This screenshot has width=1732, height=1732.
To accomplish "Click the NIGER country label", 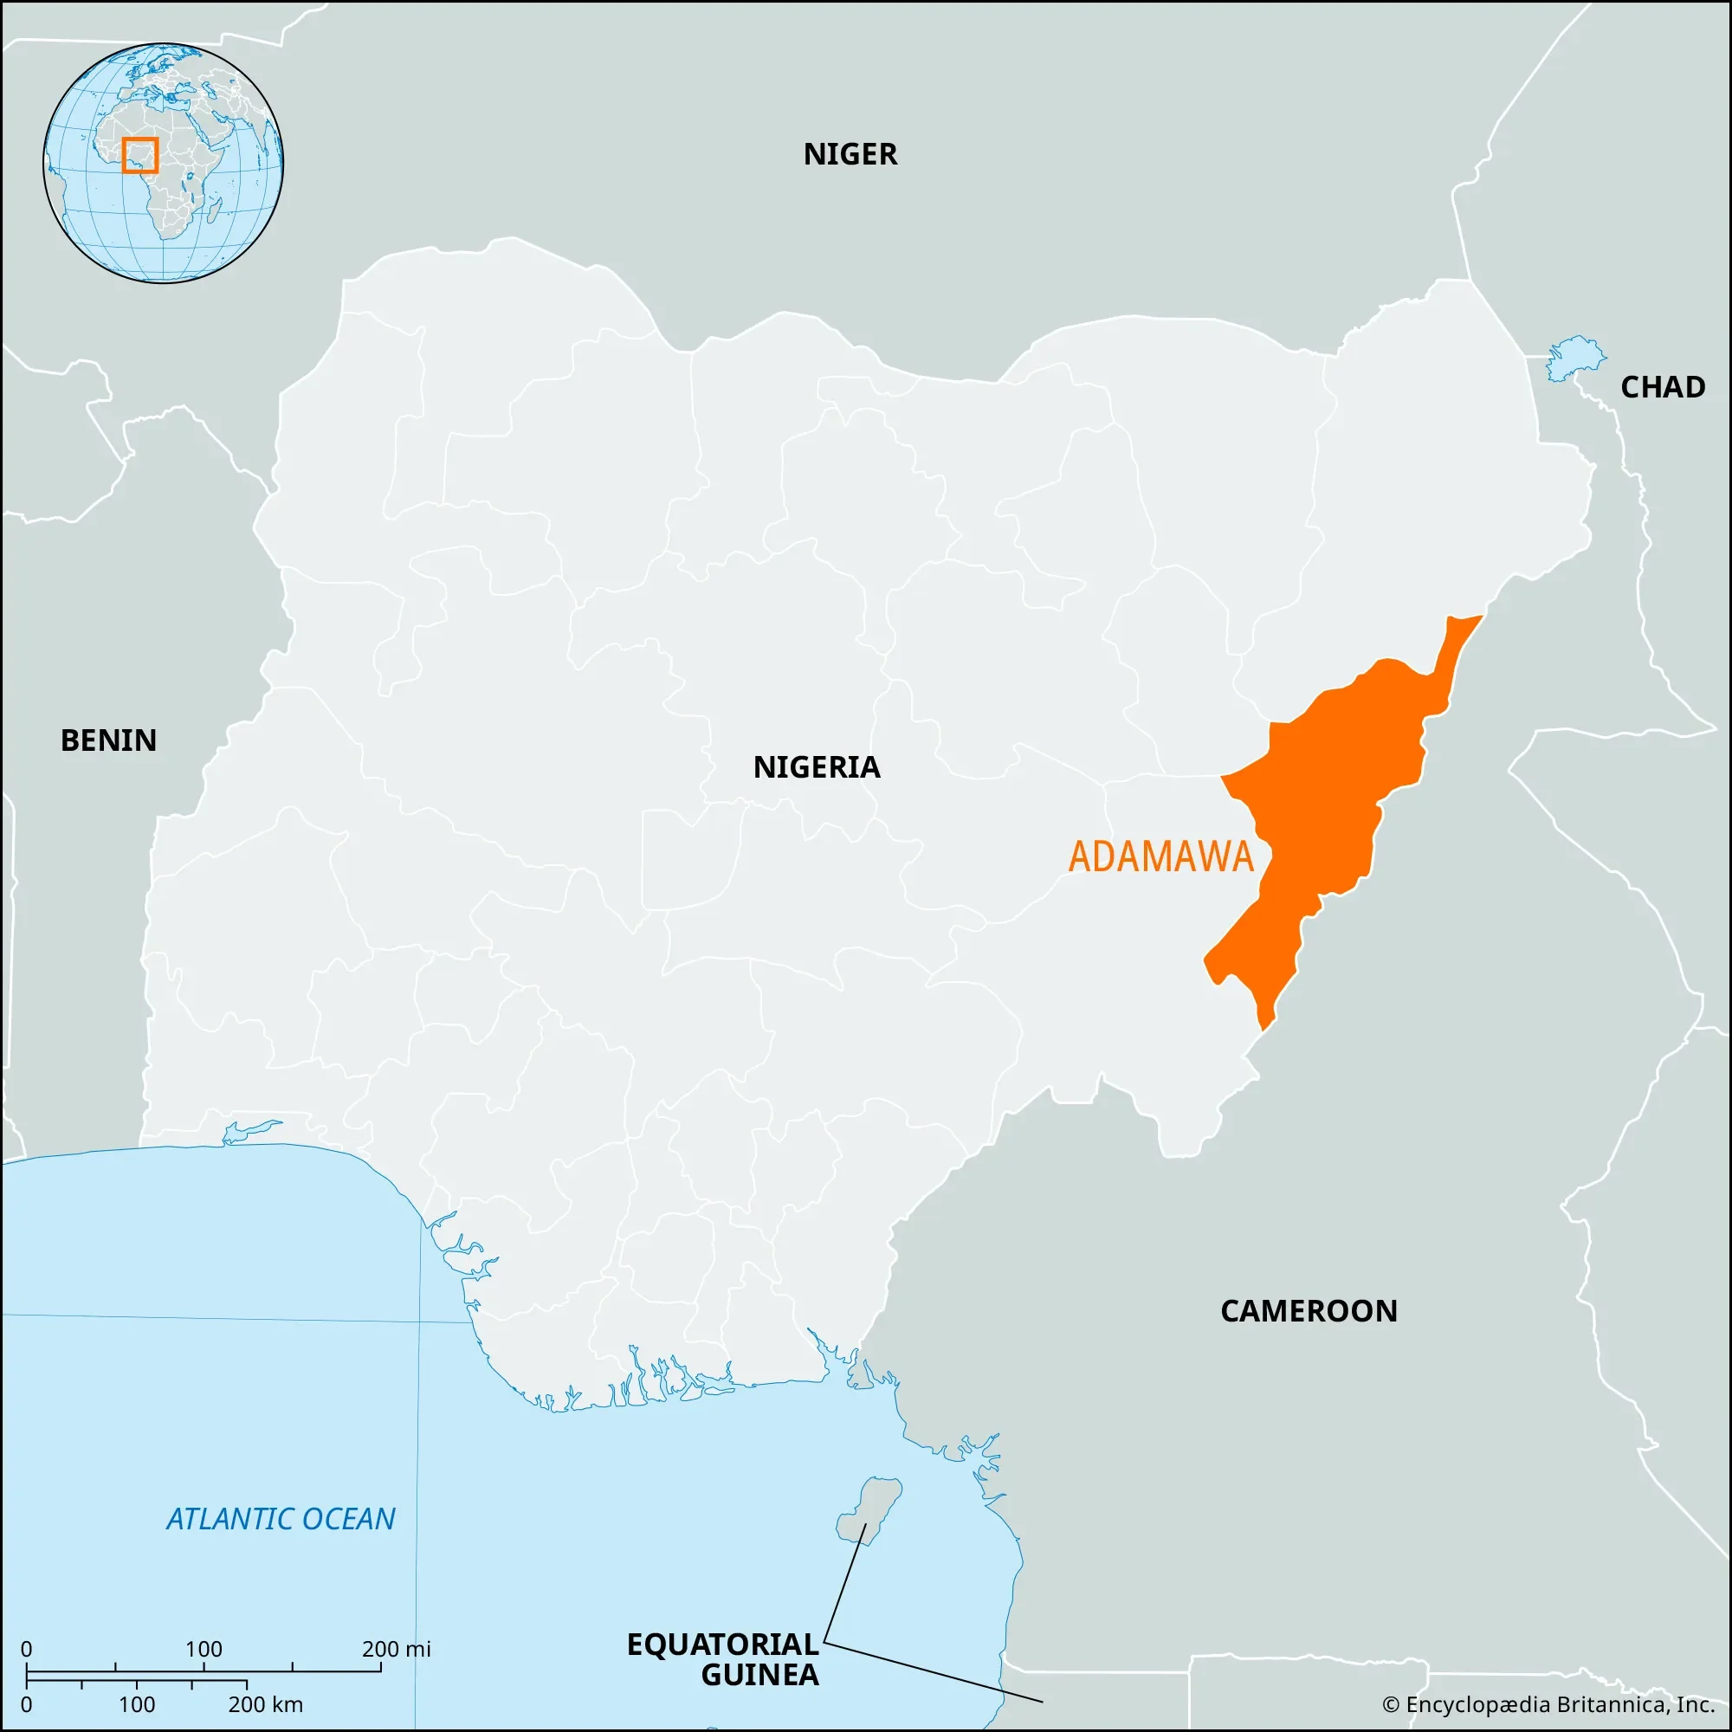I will [849, 154].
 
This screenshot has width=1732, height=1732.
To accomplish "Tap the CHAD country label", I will [1662, 387].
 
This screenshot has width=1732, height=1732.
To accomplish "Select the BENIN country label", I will [108, 740].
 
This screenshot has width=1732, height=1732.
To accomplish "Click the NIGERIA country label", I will [816, 767].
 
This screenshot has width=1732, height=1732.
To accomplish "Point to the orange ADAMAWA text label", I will [1160, 857].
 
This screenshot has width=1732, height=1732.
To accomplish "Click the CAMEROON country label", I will [1308, 1311].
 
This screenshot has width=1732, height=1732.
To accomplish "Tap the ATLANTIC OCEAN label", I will [281, 1520].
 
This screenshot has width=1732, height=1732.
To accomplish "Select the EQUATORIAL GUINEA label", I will [722, 1659].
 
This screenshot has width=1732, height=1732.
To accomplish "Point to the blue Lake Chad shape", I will [1575, 358].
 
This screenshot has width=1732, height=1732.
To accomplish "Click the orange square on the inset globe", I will [139, 155].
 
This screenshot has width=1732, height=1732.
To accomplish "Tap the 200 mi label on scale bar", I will [396, 1649].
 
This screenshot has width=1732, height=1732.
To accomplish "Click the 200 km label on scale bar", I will [265, 1704].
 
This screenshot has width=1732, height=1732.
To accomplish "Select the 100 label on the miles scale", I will [204, 1649].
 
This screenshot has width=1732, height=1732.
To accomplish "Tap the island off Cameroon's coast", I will [868, 1510].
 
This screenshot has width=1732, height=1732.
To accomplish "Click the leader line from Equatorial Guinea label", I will [933, 1672].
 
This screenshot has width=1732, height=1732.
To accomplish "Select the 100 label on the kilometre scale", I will [136, 1704].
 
